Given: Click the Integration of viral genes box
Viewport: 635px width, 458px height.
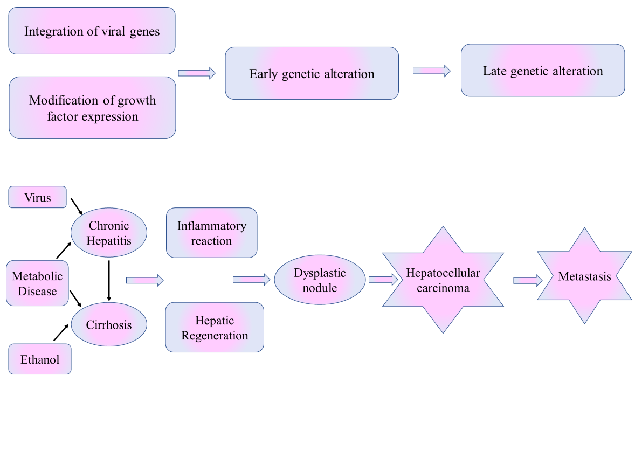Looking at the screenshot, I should (92, 31).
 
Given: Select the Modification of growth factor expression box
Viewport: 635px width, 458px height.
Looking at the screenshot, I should (92, 108).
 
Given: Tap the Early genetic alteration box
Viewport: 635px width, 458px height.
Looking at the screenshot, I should (312, 73).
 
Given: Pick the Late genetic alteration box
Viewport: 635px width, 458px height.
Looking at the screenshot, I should (543, 71).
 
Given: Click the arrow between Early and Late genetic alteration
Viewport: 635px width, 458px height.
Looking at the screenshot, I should (431, 71).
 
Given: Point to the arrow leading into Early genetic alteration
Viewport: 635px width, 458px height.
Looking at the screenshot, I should (197, 73).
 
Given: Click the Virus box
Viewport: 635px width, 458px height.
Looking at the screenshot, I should (37, 197).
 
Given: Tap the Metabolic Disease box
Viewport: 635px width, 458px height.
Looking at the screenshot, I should (37, 283).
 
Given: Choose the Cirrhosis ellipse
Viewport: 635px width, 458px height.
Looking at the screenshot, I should (109, 325).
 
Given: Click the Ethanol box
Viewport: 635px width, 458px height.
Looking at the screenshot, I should (40, 359).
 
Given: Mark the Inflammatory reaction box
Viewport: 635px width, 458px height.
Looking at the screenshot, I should (211, 233).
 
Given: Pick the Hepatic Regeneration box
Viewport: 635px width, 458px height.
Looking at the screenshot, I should (215, 328).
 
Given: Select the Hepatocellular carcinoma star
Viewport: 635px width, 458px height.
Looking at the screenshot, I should (443, 280).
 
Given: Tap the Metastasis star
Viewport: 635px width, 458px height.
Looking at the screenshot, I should (585, 276).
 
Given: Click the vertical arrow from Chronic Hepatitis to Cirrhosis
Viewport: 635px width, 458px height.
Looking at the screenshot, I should (109, 280).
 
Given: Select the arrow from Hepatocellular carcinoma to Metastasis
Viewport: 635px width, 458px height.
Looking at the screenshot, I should (528, 280).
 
